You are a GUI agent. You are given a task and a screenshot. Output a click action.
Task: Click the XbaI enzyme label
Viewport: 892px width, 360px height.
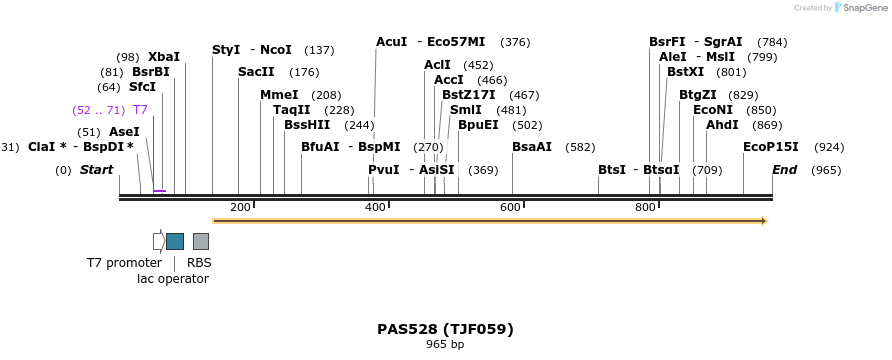[x=164, y=57]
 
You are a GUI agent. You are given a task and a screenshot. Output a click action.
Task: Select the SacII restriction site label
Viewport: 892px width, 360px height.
[x=256, y=72]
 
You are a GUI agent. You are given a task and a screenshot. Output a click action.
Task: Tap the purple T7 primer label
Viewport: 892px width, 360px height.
[x=141, y=110]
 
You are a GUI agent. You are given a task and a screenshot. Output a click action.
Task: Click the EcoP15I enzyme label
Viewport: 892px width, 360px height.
[x=771, y=146]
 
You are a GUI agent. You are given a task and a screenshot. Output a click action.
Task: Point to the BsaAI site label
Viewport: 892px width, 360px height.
[x=532, y=146]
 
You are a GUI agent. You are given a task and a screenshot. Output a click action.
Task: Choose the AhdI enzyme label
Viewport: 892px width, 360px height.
[x=723, y=125]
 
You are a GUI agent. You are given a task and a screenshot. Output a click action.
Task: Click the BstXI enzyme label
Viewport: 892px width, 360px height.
[x=692, y=72]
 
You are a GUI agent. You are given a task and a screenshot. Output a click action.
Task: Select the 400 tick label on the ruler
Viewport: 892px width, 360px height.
[x=376, y=207]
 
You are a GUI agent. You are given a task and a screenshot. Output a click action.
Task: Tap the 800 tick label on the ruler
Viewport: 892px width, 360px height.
[x=646, y=207]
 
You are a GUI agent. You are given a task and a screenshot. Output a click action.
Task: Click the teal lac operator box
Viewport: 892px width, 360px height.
[x=175, y=241]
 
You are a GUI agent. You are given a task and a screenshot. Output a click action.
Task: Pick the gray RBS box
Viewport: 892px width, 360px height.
[x=201, y=241]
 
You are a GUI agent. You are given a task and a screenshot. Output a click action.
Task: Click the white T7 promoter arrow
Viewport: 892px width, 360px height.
[x=158, y=241]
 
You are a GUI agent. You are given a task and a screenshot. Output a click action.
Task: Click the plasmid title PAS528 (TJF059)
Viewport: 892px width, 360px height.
[x=445, y=328]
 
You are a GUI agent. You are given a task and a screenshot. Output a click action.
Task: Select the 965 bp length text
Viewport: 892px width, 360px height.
[x=445, y=345]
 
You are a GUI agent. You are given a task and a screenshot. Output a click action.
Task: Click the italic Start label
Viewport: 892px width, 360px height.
[x=96, y=170]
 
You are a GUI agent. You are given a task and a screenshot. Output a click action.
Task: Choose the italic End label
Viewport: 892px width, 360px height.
[x=784, y=170]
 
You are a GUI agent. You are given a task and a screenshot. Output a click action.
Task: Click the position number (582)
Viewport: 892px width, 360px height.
[x=580, y=146]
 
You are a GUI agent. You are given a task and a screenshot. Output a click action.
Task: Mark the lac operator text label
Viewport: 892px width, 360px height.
[x=173, y=279]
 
